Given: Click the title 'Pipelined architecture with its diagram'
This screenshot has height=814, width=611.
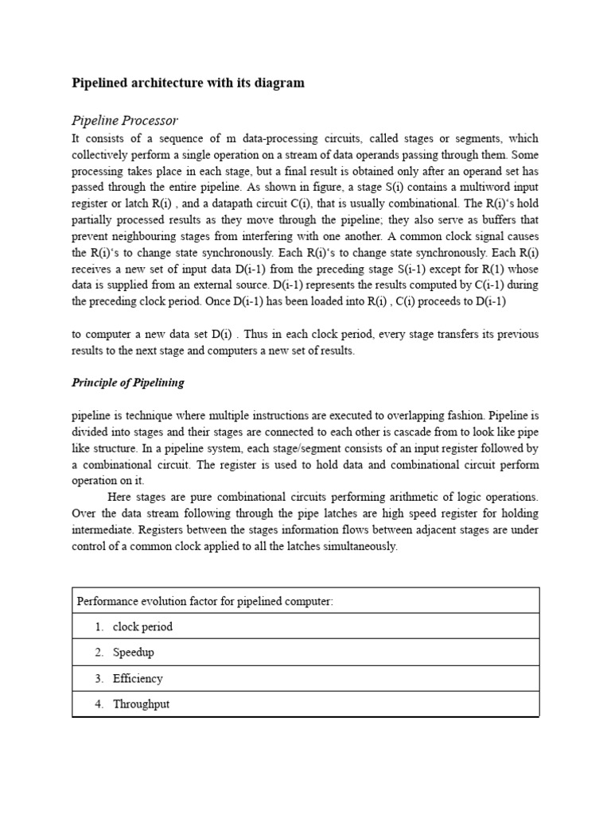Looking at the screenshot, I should (188, 83).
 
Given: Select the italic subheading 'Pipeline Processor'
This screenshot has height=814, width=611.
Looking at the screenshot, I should (125, 120).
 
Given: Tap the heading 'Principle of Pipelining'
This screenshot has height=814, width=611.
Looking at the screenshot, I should (127, 382).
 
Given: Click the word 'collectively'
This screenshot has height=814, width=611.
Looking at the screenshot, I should (102, 153).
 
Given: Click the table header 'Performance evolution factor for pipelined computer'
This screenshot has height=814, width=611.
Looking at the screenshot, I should (204, 601).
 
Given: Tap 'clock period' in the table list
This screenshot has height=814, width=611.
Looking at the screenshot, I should (142, 626).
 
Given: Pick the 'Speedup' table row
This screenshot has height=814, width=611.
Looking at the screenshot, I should (133, 652).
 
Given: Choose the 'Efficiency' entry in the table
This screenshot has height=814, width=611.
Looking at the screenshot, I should (138, 678).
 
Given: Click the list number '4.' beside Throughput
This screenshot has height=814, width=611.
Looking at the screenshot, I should (99, 704).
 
